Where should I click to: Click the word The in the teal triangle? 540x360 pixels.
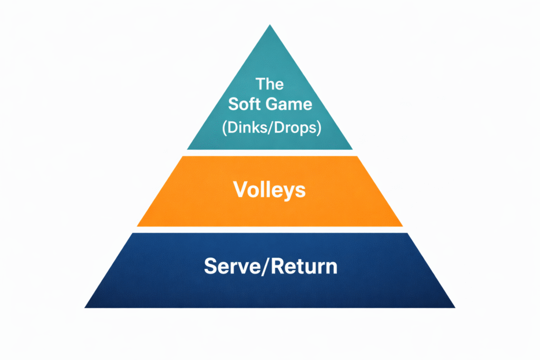[x=269, y=84]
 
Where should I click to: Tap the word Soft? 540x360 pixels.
[x=244, y=104]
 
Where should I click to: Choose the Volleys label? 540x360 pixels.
[x=270, y=190]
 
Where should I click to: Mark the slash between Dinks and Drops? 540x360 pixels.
[x=268, y=128]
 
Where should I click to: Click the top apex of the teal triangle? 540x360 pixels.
[x=270, y=25]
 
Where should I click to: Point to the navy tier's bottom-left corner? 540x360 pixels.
[x=86, y=307]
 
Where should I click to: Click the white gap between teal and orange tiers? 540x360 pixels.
[x=270, y=153]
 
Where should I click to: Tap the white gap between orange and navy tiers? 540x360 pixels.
[x=270, y=230]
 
